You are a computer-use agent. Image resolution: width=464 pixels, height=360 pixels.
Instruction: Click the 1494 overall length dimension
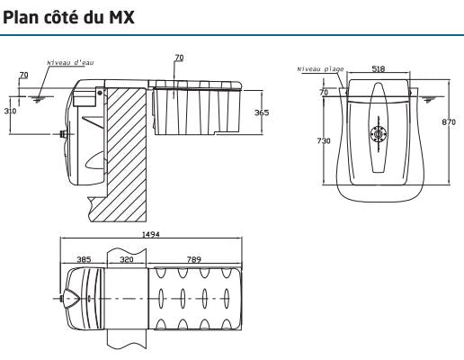pyautogui.click(x=150, y=234)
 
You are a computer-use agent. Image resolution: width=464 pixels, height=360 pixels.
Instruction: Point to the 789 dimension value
pyautogui.click(x=194, y=258)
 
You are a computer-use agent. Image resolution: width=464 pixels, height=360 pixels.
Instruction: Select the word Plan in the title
pyautogui.click(x=22, y=17)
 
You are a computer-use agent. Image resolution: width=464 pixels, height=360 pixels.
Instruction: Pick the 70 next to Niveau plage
pyautogui.click(x=322, y=93)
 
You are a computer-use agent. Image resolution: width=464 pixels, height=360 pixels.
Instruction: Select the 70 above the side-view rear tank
pyautogui.click(x=178, y=58)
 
